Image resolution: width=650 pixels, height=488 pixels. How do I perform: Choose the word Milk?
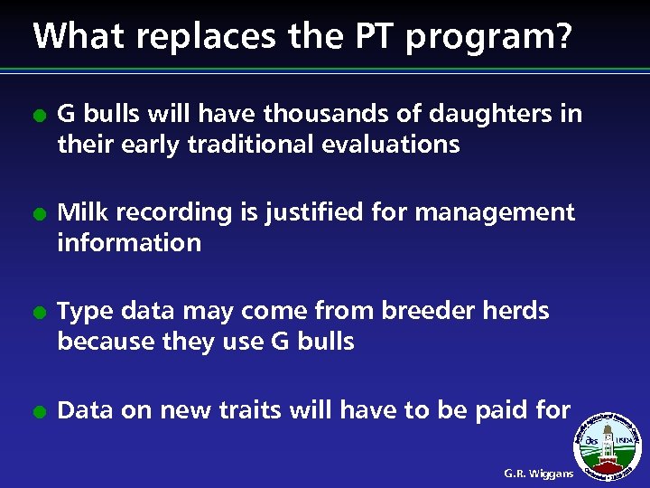click(81, 212)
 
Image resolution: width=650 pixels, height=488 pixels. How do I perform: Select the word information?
click(129, 242)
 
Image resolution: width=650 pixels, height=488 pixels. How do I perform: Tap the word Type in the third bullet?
click(83, 312)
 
